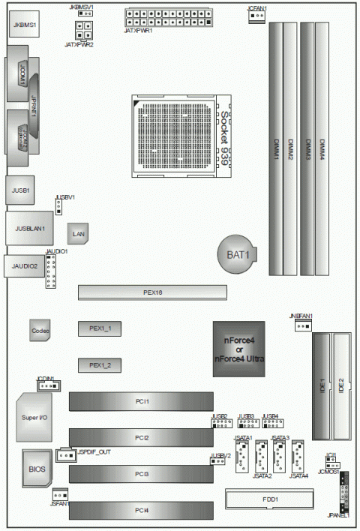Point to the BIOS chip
pos(37,469)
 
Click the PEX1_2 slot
pos(100,364)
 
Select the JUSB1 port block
pos(20,191)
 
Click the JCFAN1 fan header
pos(256,16)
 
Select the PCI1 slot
pos(142,402)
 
